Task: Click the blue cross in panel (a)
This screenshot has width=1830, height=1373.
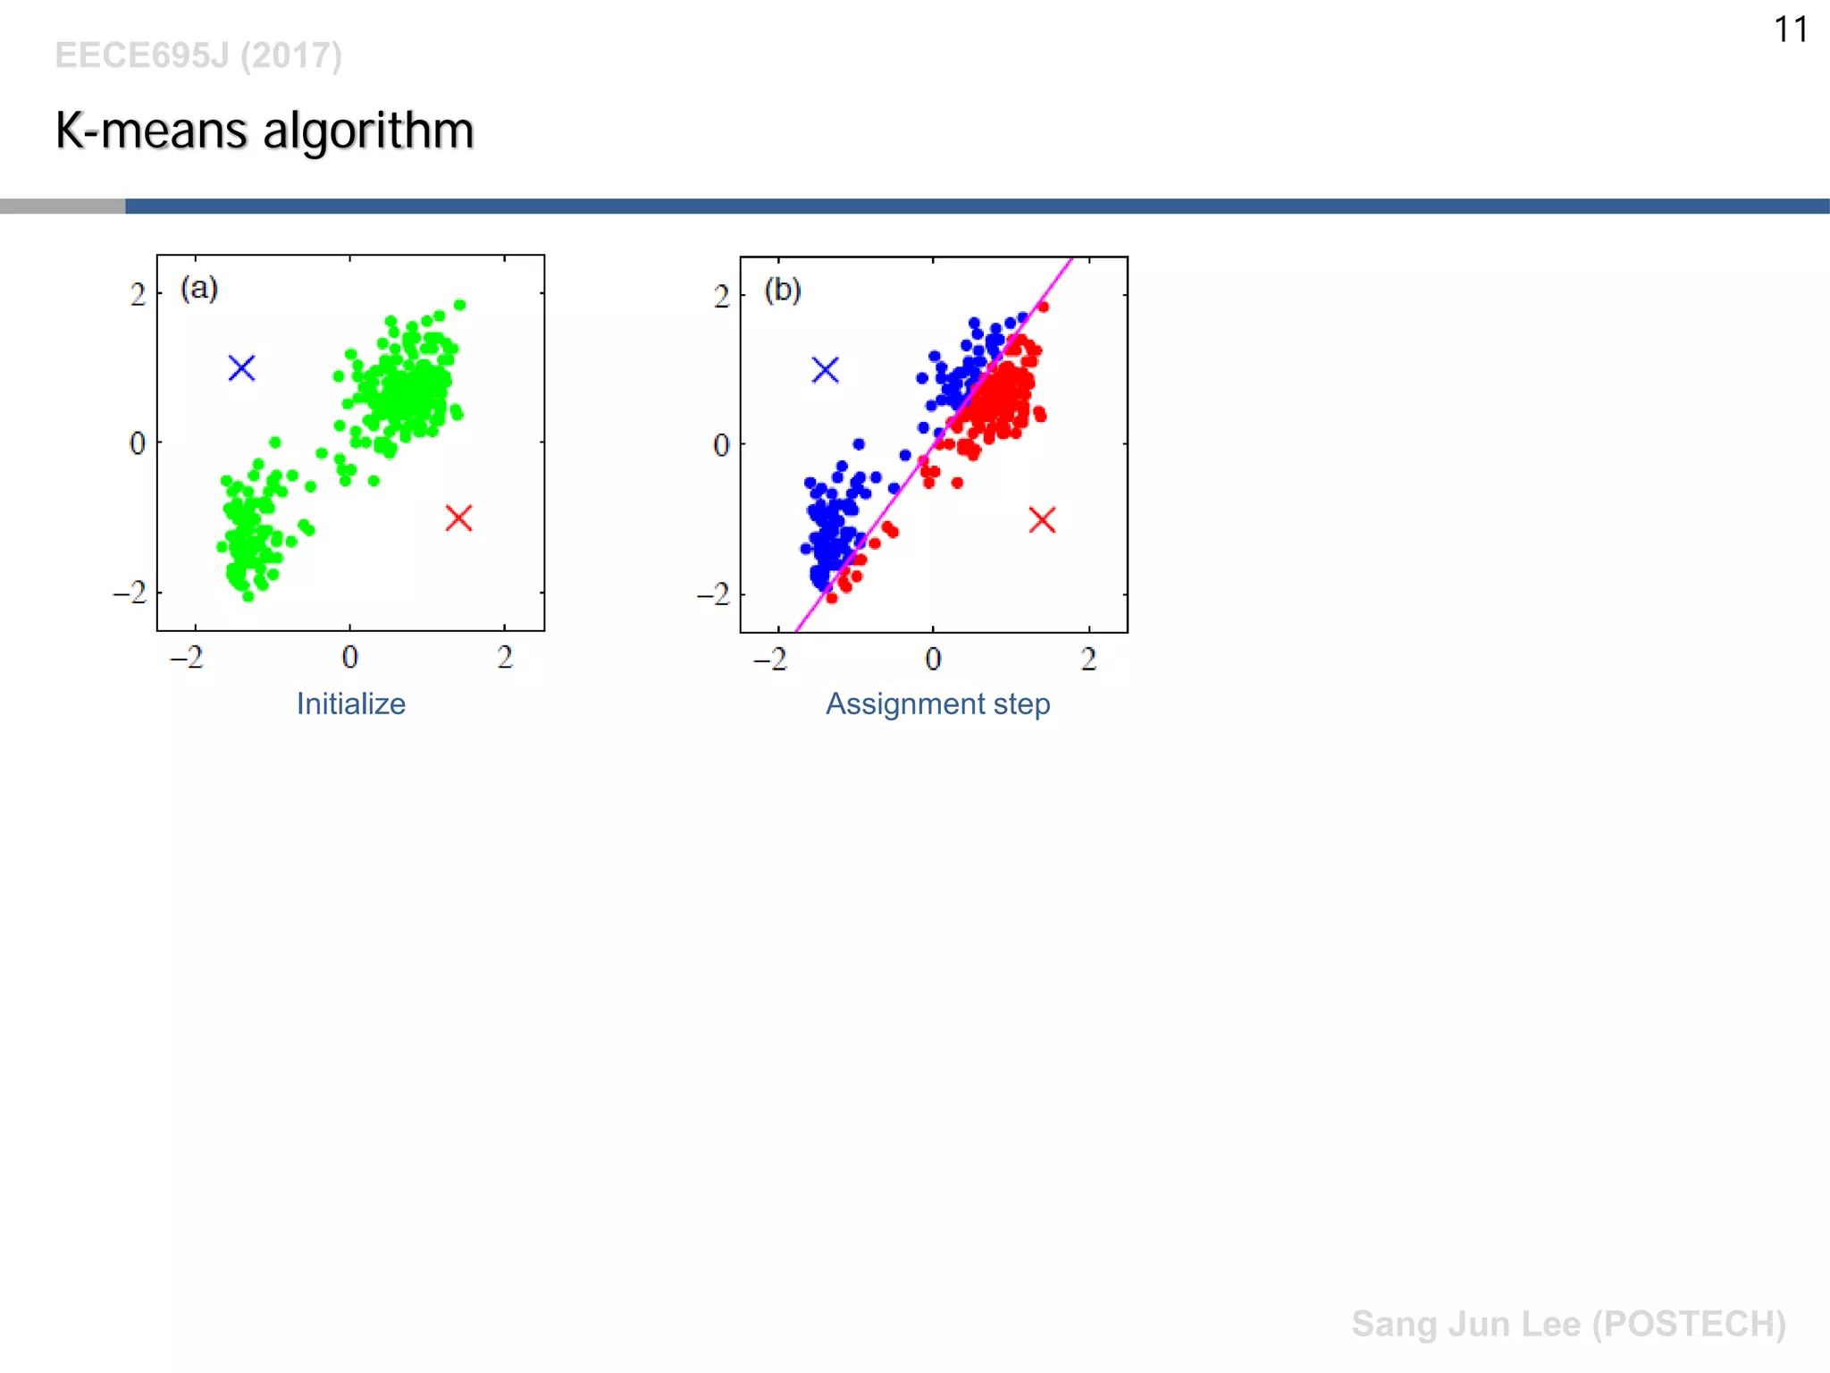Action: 241,368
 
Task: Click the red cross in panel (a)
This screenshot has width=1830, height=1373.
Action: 458,518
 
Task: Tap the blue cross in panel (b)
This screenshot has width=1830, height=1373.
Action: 825,370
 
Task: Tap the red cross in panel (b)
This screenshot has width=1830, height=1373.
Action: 1042,520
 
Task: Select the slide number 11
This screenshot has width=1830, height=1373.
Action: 1791,30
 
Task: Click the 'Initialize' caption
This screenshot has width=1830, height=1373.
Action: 351,704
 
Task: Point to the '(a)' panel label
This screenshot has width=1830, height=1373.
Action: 198,288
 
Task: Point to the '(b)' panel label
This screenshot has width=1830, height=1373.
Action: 783,290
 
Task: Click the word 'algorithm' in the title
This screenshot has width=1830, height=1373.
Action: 368,131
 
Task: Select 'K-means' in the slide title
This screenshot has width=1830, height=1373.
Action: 151,131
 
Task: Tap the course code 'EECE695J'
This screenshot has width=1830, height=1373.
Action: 142,55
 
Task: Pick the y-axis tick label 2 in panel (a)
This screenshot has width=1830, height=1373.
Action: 138,294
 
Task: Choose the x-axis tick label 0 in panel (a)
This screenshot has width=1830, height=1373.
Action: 350,658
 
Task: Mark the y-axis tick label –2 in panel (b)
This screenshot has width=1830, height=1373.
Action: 715,594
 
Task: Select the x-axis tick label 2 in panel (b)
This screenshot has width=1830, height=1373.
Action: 1088,660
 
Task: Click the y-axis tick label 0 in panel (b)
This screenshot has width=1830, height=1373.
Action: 721,445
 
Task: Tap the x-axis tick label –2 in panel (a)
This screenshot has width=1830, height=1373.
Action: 188,658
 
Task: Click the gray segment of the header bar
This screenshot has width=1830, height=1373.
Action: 63,206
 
